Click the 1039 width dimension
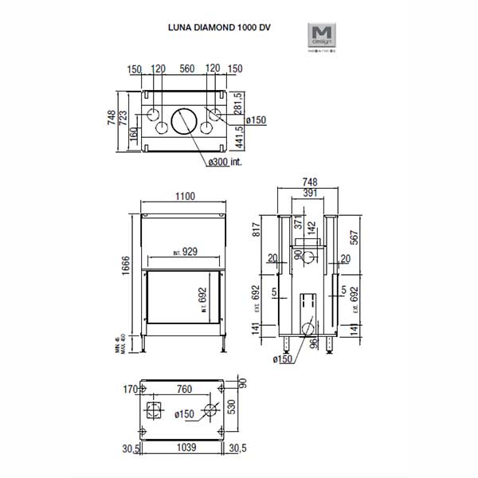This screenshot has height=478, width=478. click(184, 449)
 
